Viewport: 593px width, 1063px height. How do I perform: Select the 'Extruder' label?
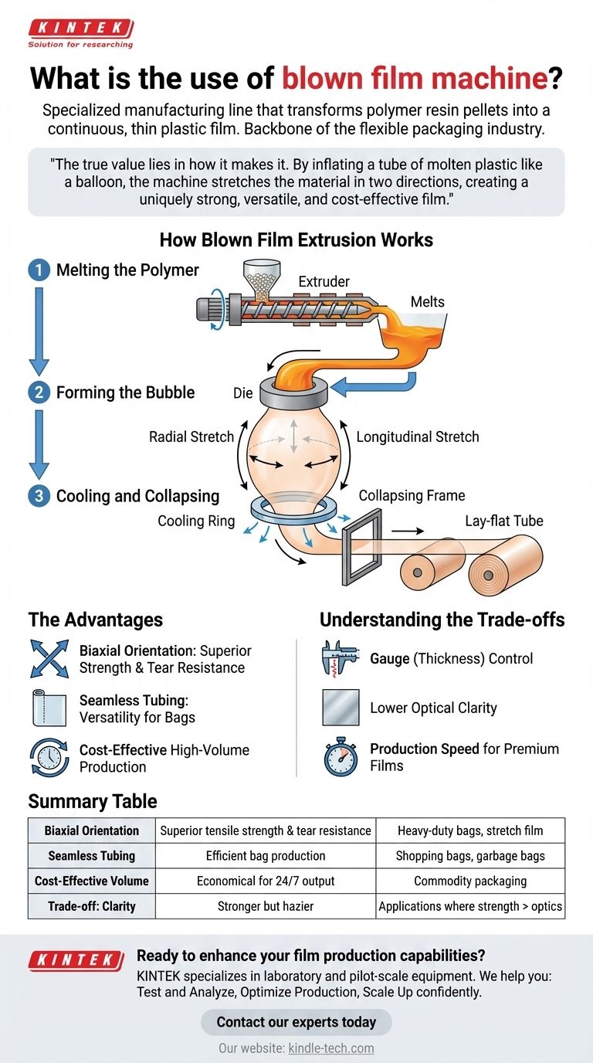324,281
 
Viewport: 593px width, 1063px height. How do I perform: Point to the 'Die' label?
242,393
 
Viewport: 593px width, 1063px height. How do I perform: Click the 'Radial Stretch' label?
191,436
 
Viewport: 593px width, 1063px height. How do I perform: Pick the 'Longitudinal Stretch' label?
418,436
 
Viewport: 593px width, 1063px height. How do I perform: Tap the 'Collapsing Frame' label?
412,495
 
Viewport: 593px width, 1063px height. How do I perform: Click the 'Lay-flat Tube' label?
503,521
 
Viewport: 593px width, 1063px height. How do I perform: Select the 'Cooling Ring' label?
196,521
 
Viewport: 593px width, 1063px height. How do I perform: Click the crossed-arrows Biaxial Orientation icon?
49,659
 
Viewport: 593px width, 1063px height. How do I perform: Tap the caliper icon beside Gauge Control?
341,659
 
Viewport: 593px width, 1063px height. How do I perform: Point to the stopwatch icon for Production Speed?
341,757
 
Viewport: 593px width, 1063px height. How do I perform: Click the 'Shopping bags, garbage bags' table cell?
469,856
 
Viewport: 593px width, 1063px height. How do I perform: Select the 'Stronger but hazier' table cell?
265,906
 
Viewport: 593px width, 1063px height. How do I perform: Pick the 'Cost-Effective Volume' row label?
91,881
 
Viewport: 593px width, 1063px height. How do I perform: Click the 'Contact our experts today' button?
296,1022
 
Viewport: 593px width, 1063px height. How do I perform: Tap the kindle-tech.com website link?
330,1048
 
